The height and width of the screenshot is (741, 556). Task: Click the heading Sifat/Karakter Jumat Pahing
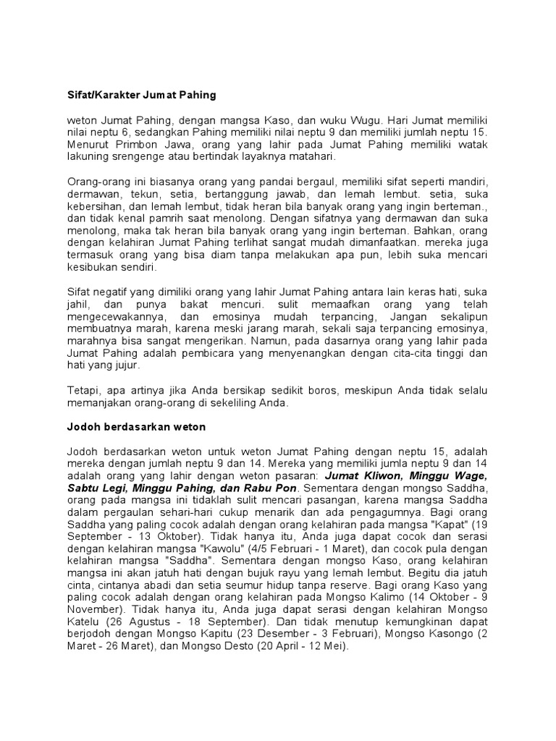pyautogui.click(x=138, y=95)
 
